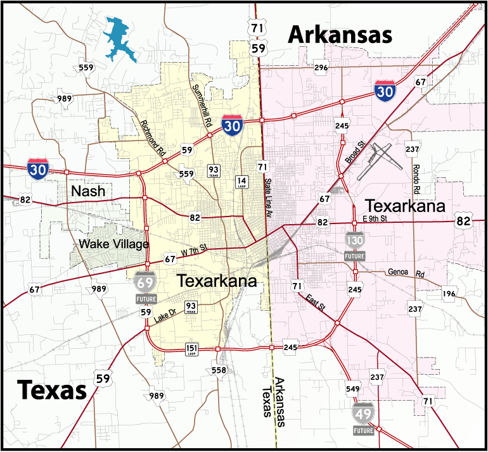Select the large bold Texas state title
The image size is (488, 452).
51,389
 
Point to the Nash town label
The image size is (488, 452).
88,191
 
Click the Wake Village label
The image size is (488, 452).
114,244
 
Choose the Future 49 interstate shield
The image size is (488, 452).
364,417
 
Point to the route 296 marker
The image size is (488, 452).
321,68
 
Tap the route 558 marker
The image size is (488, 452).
219,370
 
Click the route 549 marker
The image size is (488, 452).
353,388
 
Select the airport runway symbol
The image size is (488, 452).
380,158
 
